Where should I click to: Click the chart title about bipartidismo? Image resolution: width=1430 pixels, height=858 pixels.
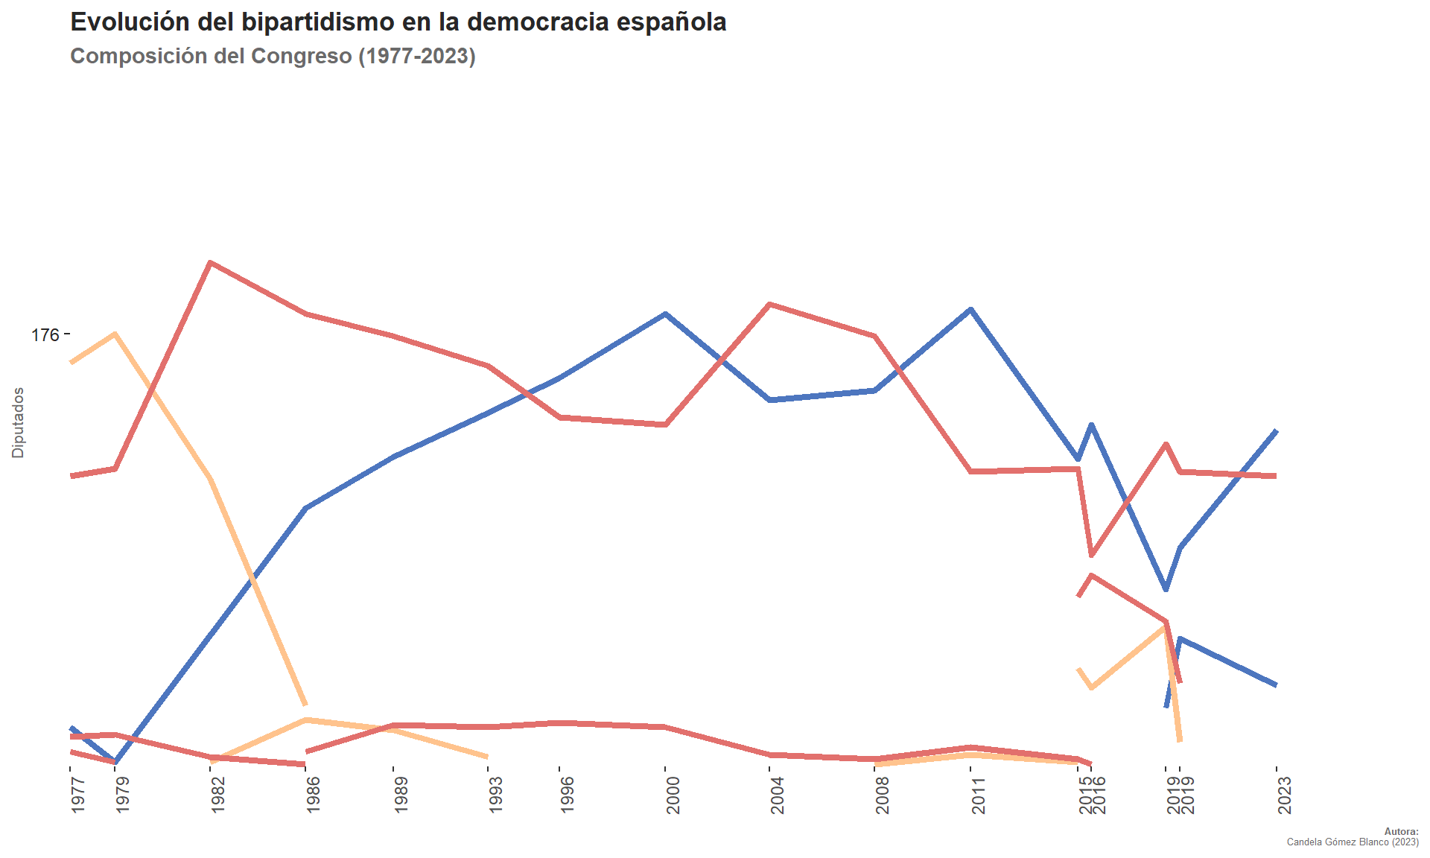coord(398,22)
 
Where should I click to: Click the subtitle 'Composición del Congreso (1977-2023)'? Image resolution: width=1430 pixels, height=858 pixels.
coord(273,56)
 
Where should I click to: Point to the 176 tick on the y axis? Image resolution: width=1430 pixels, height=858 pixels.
coord(45,335)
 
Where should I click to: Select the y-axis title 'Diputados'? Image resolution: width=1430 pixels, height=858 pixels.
coord(18,422)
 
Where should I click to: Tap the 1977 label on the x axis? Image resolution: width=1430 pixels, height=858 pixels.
coord(78,794)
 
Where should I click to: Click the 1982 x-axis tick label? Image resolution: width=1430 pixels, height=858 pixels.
coord(218,794)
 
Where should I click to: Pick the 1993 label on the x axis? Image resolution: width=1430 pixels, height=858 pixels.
coord(495,794)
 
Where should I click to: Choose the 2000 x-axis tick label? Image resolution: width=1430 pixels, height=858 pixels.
coord(673,794)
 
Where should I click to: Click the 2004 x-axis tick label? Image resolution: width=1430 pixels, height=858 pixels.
coord(778,794)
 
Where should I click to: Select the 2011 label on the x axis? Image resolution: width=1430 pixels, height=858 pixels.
coord(978,794)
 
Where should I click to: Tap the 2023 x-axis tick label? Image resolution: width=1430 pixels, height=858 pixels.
coord(1284,794)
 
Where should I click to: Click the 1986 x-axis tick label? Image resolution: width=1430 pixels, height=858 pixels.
coord(314,794)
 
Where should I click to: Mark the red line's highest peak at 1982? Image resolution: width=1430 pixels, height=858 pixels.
coord(212,262)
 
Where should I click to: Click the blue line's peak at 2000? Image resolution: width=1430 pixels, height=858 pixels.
coord(666,314)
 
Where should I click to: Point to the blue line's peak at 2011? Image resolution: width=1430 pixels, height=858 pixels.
coord(971,308)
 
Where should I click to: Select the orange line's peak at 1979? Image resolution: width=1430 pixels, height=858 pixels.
coord(115,334)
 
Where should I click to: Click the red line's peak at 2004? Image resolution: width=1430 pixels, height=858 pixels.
coord(770,304)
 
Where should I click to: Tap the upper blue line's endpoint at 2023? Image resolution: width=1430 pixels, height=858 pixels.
coord(1277,430)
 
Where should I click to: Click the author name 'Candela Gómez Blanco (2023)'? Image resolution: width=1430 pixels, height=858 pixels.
coord(1353,842)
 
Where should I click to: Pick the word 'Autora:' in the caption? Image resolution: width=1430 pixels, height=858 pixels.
coord(1401,832)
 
